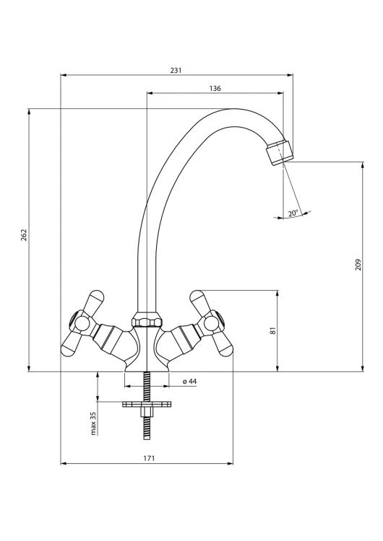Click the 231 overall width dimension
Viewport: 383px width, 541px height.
(x=176, y=71)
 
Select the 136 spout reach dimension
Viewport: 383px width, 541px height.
(x=215, y=89)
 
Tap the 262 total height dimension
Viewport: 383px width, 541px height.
(x=24, y=234)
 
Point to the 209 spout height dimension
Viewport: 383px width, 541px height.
(x=358, y=265)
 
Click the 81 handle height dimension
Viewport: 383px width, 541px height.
(x=273, y=330)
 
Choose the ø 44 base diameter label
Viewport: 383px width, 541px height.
(x=189, y=382)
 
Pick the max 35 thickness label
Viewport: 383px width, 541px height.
(x=93, y=423)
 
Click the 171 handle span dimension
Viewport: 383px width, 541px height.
(x=149, y=459)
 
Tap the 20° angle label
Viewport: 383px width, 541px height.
(x=293, y=214)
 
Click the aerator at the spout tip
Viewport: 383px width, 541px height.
(x=280, y=152)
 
